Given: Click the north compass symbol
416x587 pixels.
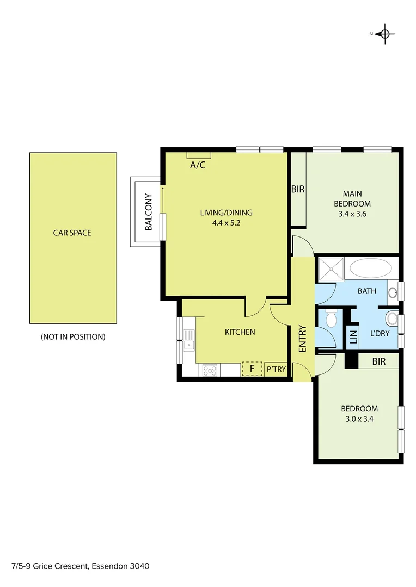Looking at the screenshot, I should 385,34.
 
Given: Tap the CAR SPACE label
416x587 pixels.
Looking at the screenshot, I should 72,233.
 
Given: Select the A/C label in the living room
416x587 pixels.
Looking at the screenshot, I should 198,165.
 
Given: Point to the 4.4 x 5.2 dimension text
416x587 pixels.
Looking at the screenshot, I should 226,223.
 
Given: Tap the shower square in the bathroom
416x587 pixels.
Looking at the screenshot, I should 331,269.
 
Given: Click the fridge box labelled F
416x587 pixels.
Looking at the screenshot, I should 252,369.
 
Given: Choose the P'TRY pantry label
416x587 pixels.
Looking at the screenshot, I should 276,370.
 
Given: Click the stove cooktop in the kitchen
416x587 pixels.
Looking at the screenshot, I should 210,370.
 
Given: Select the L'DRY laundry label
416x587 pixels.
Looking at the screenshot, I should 380,333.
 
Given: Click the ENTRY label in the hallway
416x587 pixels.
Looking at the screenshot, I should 303,338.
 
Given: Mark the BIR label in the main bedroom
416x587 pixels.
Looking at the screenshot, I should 298,190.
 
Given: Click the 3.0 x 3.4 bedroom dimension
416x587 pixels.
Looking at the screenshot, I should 359,419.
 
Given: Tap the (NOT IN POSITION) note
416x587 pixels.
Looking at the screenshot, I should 73,337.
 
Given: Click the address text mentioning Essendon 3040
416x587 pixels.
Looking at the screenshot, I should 80,566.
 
